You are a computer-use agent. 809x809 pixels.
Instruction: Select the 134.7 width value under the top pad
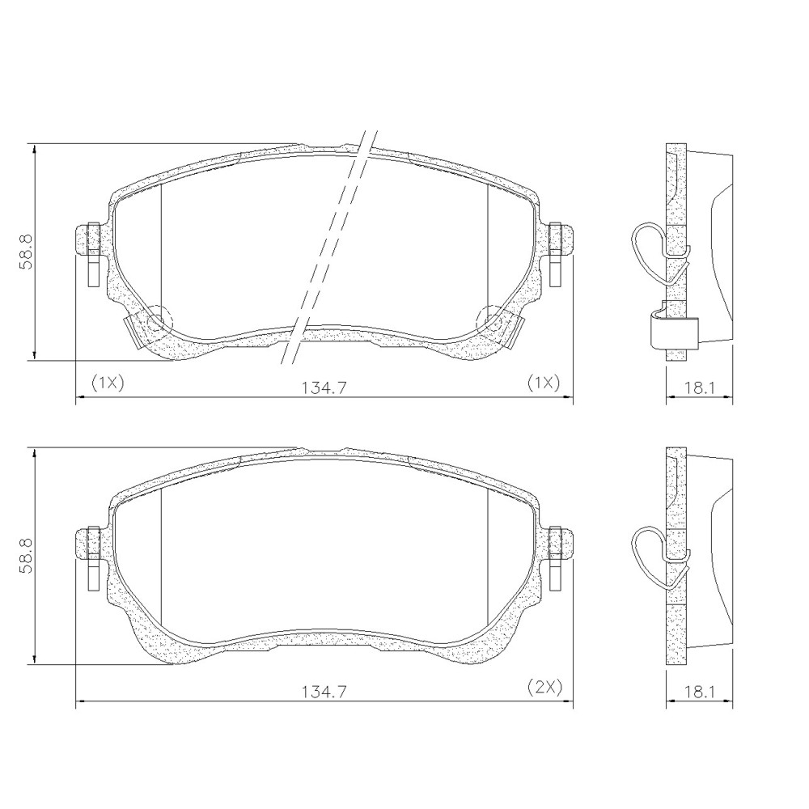click(324, 388)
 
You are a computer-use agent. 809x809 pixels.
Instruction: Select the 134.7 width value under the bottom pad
click(324, 693)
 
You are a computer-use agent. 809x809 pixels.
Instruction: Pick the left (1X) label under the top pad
click(107, 382)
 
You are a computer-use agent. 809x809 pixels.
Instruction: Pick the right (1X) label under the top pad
click(544, 382)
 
